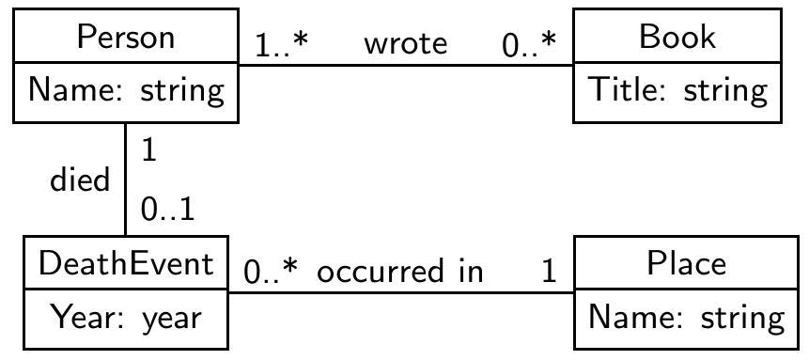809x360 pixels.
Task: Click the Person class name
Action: (125, 38)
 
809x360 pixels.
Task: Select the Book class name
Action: (677, 38)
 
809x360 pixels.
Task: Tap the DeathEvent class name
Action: (126, 264)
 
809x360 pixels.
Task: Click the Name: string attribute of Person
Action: (125, 91)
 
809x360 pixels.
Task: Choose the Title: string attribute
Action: (677, 91)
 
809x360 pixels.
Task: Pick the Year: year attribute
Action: (126, 318)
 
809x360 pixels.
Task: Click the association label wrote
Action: (405, 43)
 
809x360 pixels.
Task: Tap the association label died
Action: (80, 180)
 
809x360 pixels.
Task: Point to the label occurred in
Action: (399, 272)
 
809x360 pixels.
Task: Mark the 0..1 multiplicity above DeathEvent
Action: (168, 211)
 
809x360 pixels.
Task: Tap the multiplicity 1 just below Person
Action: (149, 150)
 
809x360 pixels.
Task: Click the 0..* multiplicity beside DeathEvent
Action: (271, 272)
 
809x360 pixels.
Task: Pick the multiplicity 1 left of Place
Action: (549, 272)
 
